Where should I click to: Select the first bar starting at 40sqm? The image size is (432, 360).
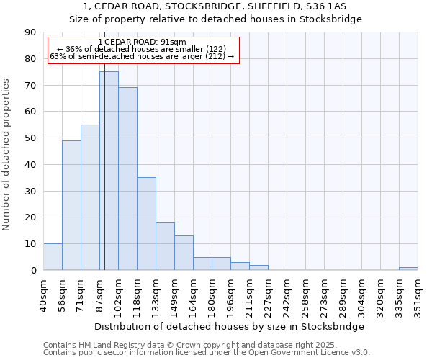[53, 257]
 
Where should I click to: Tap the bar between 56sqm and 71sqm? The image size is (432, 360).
[71, 205]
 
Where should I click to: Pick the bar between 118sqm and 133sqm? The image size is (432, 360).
[146, 223]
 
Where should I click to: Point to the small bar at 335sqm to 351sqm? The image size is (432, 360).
[408, 269]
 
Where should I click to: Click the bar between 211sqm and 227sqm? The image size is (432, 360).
[258, 267]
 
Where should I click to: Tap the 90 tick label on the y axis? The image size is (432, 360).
[30, 32]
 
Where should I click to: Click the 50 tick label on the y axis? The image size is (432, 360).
[30, 138]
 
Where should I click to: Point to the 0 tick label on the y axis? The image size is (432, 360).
[33, 271]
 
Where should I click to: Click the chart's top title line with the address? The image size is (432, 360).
[215, 6]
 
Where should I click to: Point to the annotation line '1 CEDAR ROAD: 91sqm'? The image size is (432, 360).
[142, 42]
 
